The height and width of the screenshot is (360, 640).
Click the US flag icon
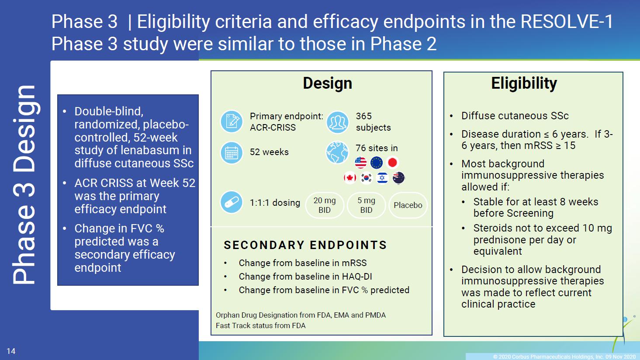pos(360,163)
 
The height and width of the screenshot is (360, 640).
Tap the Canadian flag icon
pos(350,178)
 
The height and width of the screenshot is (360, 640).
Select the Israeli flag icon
pos(382,178)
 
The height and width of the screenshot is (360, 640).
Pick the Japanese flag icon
pos(392,163)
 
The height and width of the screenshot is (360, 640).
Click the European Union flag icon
pos(376,163)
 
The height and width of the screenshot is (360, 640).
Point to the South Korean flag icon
pos(366,178)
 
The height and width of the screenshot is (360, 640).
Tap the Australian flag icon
pos(398,178)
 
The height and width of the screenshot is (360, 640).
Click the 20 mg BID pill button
pos(325,205)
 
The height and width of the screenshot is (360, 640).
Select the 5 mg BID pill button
pos(366,205)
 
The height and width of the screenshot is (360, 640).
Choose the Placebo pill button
pos(408,205)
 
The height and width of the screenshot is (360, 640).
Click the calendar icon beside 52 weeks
pos(232,152)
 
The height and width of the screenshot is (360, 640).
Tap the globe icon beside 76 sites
pos(337,152)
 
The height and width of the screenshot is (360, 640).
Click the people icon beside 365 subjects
pos(337,122)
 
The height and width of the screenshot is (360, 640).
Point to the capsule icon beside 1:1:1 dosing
pos(232,202)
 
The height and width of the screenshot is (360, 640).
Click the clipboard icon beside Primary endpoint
pos(232,121)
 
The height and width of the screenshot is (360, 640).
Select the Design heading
pos(328,83)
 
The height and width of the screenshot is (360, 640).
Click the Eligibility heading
pos(524,83)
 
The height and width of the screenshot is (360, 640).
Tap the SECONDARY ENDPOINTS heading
pos(305,245)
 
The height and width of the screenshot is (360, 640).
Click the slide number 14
pos(11,351)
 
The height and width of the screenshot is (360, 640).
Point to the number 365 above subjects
pos(364,116)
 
